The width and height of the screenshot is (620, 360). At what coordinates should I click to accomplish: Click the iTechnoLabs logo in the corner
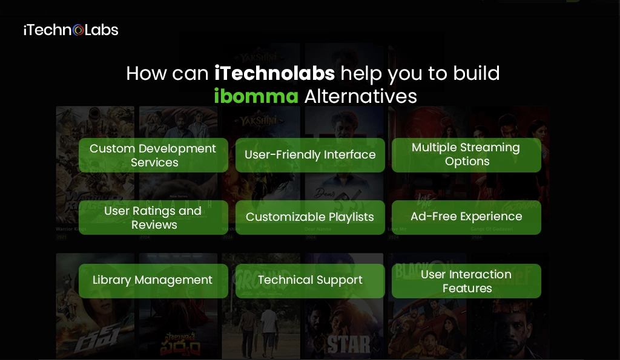click(71, 30)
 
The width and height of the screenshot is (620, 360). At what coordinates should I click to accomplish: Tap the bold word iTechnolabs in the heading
click(274, 73)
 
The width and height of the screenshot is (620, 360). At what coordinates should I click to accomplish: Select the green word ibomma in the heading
click(256, 96)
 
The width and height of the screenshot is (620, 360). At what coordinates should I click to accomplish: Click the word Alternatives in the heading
click(361, 96)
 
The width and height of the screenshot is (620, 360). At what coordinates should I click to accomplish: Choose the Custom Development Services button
click(153, 155)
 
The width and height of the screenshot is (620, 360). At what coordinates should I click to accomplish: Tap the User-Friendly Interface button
click(310, 155)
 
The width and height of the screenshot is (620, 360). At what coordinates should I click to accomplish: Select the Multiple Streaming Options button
click(466, 155)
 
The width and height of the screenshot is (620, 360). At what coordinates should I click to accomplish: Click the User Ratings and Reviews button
click(153, 218)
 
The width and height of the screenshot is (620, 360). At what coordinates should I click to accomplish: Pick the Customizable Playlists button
click(310, 217)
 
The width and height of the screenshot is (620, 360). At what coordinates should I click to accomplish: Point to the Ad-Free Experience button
click(466, 217)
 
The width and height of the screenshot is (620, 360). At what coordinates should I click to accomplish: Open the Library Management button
click(153, 280)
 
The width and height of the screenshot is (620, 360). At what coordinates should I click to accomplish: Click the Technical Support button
click(310, 280)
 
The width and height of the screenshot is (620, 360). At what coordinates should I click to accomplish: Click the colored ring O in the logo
click(78, 30)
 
